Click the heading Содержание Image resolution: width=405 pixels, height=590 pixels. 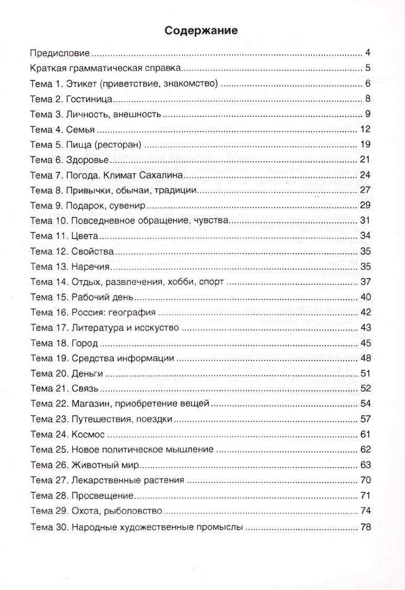pyautogui.click(x=201, y=30)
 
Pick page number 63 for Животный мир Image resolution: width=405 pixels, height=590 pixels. pyautogui.click(x=366, y=465)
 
